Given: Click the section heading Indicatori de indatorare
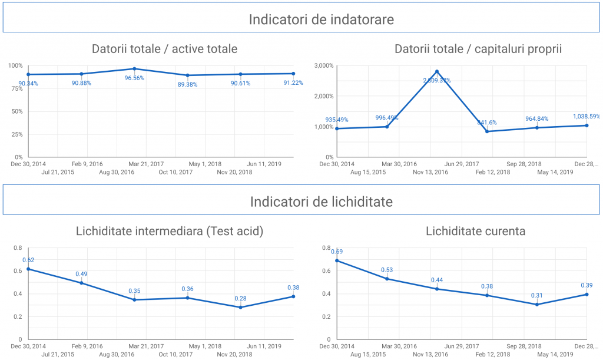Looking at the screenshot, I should [x=321, y=19].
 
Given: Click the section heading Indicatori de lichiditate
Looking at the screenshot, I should [x=321, y=202].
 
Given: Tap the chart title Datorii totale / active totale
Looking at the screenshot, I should [x=164, y=49].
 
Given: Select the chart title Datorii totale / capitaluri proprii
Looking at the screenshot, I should [x=478, y=49].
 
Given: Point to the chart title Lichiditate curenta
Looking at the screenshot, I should [x=476, y=231].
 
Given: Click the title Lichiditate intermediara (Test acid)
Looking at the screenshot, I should [x=170, y=231].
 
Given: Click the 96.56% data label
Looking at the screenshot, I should [x=134, y=78].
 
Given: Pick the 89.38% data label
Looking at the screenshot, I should [x=187, y=84].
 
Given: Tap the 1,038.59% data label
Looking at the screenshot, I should [x=586, y=117].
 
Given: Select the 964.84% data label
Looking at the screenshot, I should [x=536, y=118].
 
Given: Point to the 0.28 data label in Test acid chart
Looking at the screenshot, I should [x=240, y=298].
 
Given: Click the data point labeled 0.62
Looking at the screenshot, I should [x=28, y=269].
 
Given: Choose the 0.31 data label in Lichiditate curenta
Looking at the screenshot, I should [x=536, y=295].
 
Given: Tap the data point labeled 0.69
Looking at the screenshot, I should [x=337, y=260].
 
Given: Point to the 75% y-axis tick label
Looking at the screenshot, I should [x=16, y=88].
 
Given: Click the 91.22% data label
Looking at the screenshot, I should [x=293, y=83].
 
